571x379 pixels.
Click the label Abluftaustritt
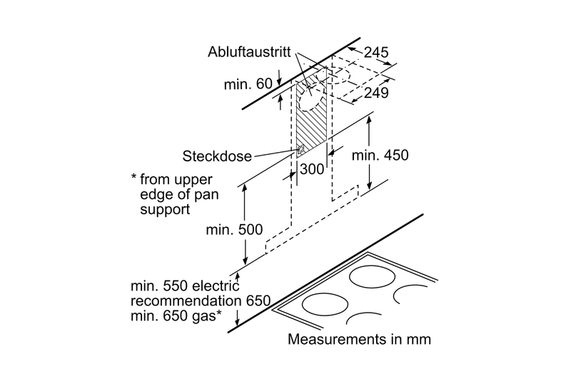[x=249, y=52]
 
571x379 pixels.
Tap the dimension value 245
[x=376, y=52]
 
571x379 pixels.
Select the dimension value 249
[x=377, y=94]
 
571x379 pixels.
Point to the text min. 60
[x=248, y=84]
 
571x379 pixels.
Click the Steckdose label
[x=217, y=156]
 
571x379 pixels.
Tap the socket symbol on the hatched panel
[x=300, y=149]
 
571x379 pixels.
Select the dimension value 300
[x=311, y=169]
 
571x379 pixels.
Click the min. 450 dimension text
[x=380, y=156]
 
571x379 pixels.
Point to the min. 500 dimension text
[x=234, y=230]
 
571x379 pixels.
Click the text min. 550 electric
[x=185, y=286]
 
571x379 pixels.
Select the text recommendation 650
[x=201, y=301]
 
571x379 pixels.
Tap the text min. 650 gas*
[x=176, y=316]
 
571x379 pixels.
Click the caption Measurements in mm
[x=359, y=339]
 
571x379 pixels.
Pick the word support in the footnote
[x=165, y=210]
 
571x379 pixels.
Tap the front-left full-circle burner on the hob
[x=325, y=304]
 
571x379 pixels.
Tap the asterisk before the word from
[x=133, y=177]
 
